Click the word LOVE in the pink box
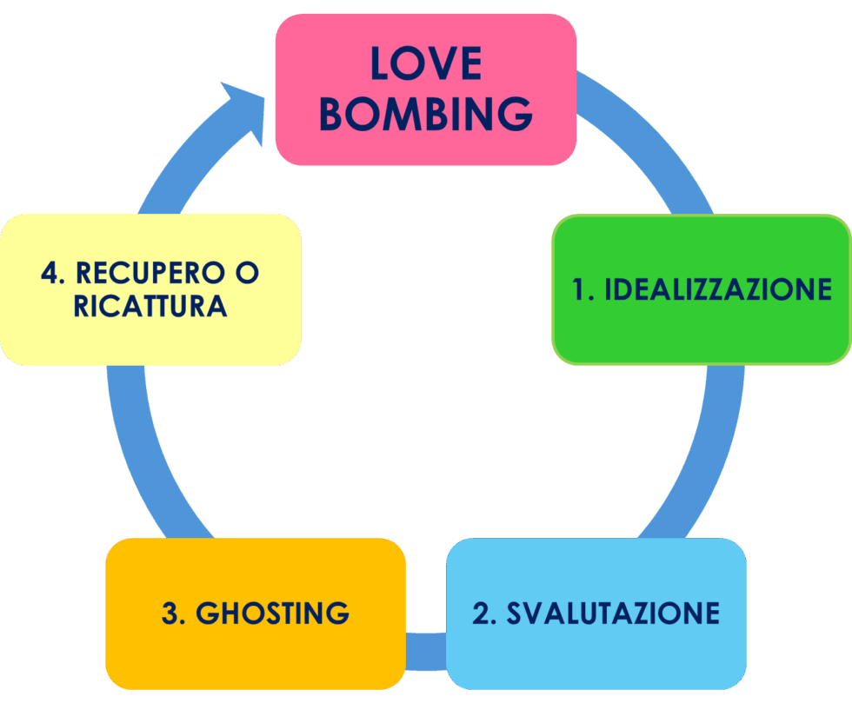coord(426,63)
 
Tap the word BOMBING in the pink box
coord(426,114)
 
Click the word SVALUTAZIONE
coord(613,613)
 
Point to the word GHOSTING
coord(272,613)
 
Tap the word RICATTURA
coord(150,307)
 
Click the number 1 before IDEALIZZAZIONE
coord(581,289)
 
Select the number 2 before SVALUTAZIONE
coord(482,613)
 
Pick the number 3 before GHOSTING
coord(170,613)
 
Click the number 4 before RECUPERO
coord(50,273)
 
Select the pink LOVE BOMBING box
coord(426,148)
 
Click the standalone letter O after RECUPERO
coord(247,273)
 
